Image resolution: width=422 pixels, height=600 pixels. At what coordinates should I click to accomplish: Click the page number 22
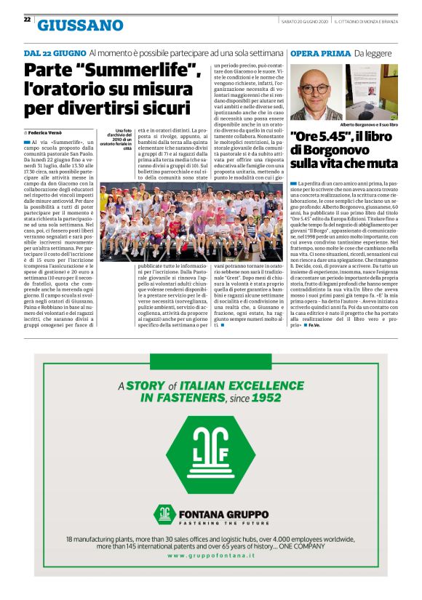pos(26,19)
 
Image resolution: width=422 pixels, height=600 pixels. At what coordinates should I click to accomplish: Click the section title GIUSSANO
pos(80,25)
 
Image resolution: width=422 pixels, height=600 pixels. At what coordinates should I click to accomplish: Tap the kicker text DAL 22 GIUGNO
pos(55,53)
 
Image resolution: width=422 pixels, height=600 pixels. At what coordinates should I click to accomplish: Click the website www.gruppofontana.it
pos(211,556)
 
